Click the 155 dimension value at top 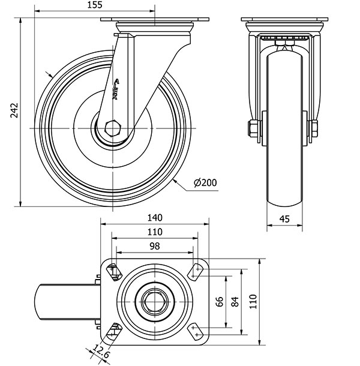pos(94,5)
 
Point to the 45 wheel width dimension pos(284,220)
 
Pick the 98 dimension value pos(154,247)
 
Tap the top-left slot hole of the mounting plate pos(114,271)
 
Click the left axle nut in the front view pos(253,128)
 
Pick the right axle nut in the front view pos(313,128)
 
